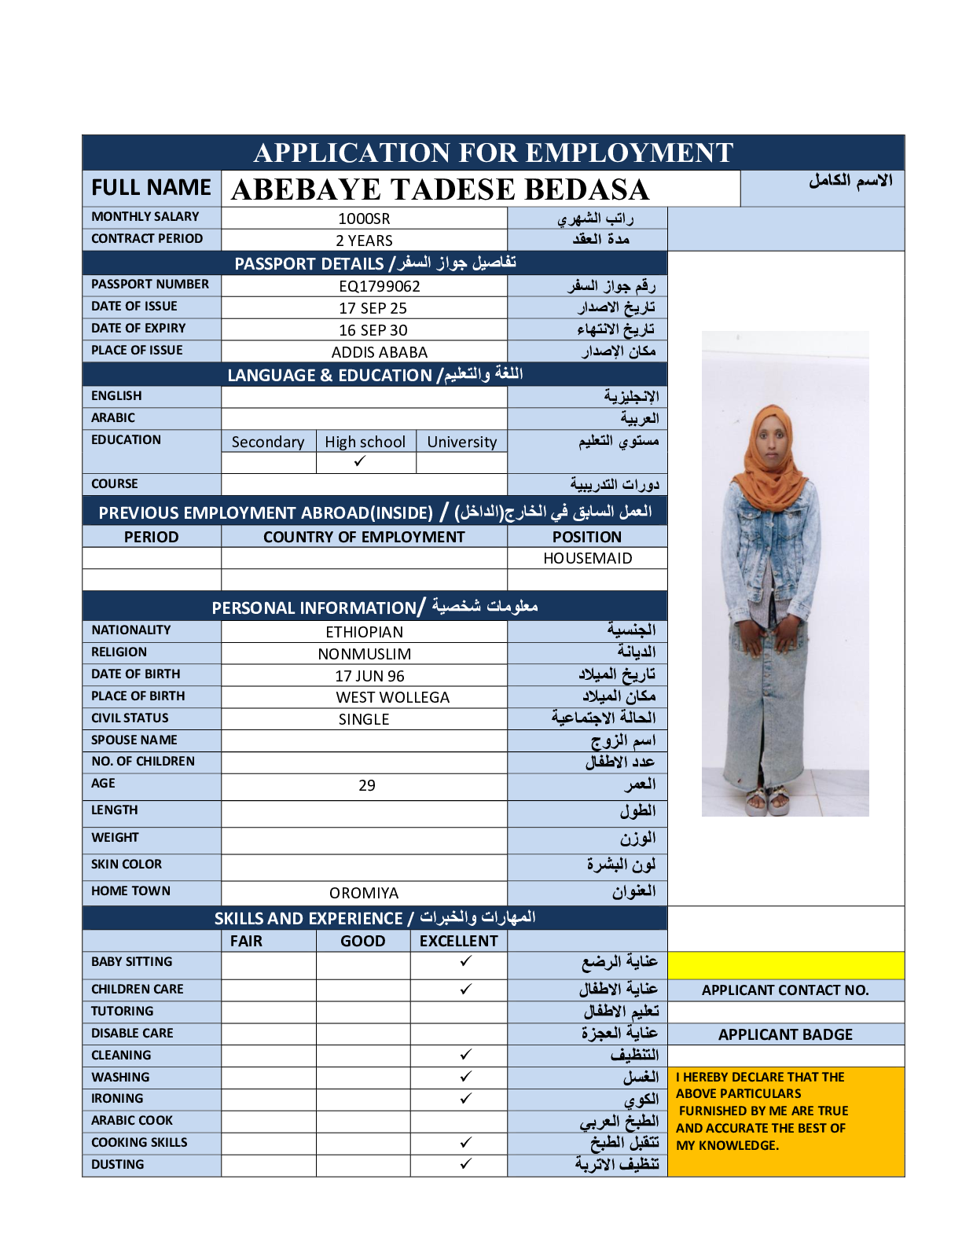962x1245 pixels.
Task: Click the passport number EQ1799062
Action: tap(380, 286)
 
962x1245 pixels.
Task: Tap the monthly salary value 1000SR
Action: tap(364, 219)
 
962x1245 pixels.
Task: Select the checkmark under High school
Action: tap(360, 462)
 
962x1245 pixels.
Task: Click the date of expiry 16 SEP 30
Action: tap(373, 330)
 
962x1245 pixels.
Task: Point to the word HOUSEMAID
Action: tap(587, 558)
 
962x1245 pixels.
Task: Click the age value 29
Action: tap(367, 785)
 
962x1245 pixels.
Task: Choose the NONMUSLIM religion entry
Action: tap(365, 654)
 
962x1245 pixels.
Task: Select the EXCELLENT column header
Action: tap(458, 941)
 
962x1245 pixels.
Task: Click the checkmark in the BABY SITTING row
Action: tap(466, 961)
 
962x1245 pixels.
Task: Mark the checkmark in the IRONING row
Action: tap(466, 1098)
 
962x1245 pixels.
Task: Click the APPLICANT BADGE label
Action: tap(785, 1034)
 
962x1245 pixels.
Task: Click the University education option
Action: tap(461, 442)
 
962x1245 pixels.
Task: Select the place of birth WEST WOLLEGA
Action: tap(393, 697)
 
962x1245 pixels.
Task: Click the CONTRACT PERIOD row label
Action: tap(147, 238)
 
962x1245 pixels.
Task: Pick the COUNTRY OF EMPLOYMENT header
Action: tap(364, 537)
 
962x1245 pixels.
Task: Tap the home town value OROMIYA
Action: tap(364, 893)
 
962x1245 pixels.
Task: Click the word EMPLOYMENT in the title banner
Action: tap(629, 152)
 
